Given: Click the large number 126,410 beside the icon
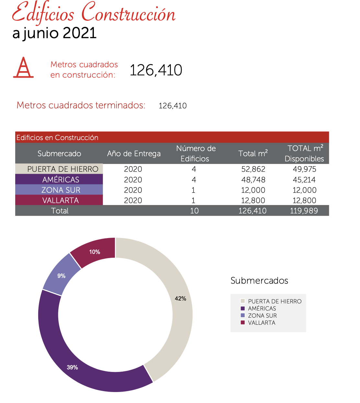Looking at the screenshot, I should click(x=156, y=70).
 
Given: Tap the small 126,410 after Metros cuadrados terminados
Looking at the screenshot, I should click(x=173, y=106).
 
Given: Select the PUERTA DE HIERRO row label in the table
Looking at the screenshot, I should click(x=62, y=169).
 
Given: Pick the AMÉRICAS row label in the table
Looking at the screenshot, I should click(x=61, y=180).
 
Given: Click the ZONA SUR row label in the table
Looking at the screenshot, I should click(x=61, y=190).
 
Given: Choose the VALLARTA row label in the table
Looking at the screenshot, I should click(x=61, y=200).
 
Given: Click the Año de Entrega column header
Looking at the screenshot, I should click(x=134, y=154).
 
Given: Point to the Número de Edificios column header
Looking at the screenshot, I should click(x=196, y=154).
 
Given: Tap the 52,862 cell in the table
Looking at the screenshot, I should click(x=253, y=169).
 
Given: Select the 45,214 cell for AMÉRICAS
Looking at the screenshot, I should click(x=304, y=180).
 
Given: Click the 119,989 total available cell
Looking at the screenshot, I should click(x=304, y=211).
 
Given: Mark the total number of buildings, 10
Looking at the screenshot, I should click(x=194, y=211).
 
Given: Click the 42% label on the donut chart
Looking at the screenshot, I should click(x=180, y=299).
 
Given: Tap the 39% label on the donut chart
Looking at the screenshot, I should click(x=72, y=367).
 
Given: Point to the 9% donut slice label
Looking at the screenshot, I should click(x=62, y=276).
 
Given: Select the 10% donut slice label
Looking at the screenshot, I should click(x=95, y=252).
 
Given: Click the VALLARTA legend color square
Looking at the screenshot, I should click(x=243, y=322).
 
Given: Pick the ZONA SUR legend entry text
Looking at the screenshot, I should click(x=262, y=316).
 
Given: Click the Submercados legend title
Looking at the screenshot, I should click(x=259, y=280).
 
